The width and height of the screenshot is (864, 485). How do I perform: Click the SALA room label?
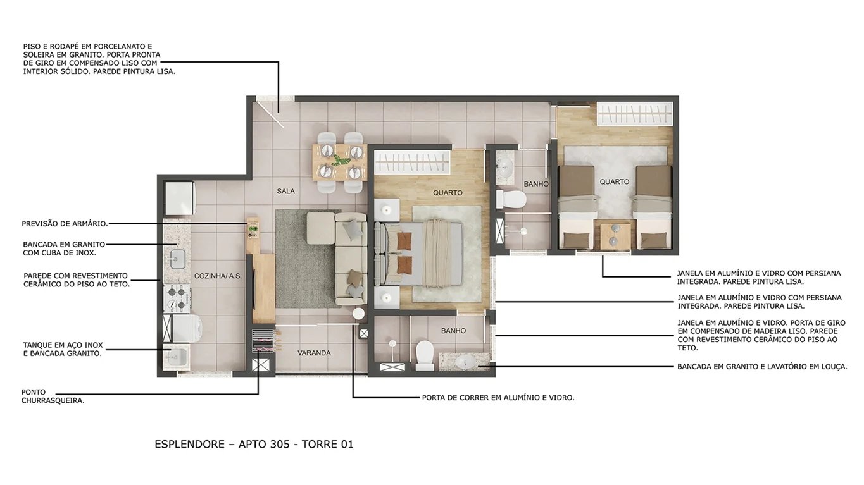(285, 191)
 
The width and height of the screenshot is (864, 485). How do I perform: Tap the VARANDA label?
(314, 353)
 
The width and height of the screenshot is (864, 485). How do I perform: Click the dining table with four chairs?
(340, 161)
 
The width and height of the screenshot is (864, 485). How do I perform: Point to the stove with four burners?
(177, 298)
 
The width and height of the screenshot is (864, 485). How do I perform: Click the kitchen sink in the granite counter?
(176, 258)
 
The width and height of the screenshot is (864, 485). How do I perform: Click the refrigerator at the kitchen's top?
(179, 199)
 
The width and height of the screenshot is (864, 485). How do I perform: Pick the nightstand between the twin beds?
(611, 235)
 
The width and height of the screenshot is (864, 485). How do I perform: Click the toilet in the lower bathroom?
(424, 354)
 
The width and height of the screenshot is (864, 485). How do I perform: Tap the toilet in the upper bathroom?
(511, 199)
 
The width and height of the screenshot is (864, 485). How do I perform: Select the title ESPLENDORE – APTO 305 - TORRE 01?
(254, 444)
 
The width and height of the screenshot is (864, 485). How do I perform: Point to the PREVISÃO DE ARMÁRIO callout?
(65, 223)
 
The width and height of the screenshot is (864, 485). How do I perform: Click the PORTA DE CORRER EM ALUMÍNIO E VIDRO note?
(498, 398)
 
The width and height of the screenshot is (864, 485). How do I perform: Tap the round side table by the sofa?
(359, 314)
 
